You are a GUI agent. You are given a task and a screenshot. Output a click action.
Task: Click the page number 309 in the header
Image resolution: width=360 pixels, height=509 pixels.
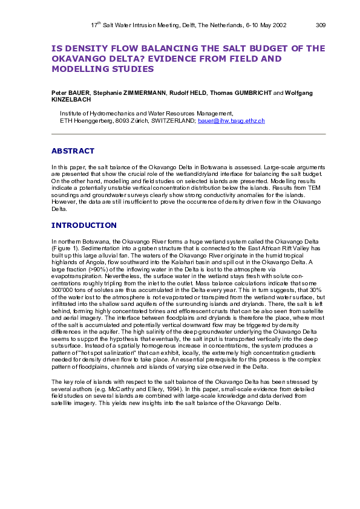pyautogui.click(x=321, y=25)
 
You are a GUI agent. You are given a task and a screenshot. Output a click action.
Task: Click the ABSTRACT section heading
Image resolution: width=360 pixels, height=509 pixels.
pyautogui.click(x=73, y=151)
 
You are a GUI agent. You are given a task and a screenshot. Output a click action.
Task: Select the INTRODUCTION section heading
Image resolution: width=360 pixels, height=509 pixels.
pyautogui.click(x=83, y=225)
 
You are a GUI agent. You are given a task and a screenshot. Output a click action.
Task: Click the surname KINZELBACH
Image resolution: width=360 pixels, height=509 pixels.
pyautogui.click(x=70, y=100)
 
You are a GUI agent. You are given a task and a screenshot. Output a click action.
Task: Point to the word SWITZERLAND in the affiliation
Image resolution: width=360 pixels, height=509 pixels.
pyautogui.click(x=172, y=121)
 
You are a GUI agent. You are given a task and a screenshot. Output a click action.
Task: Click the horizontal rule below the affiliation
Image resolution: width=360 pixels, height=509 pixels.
pyautogui.click(x=188, y=134)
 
